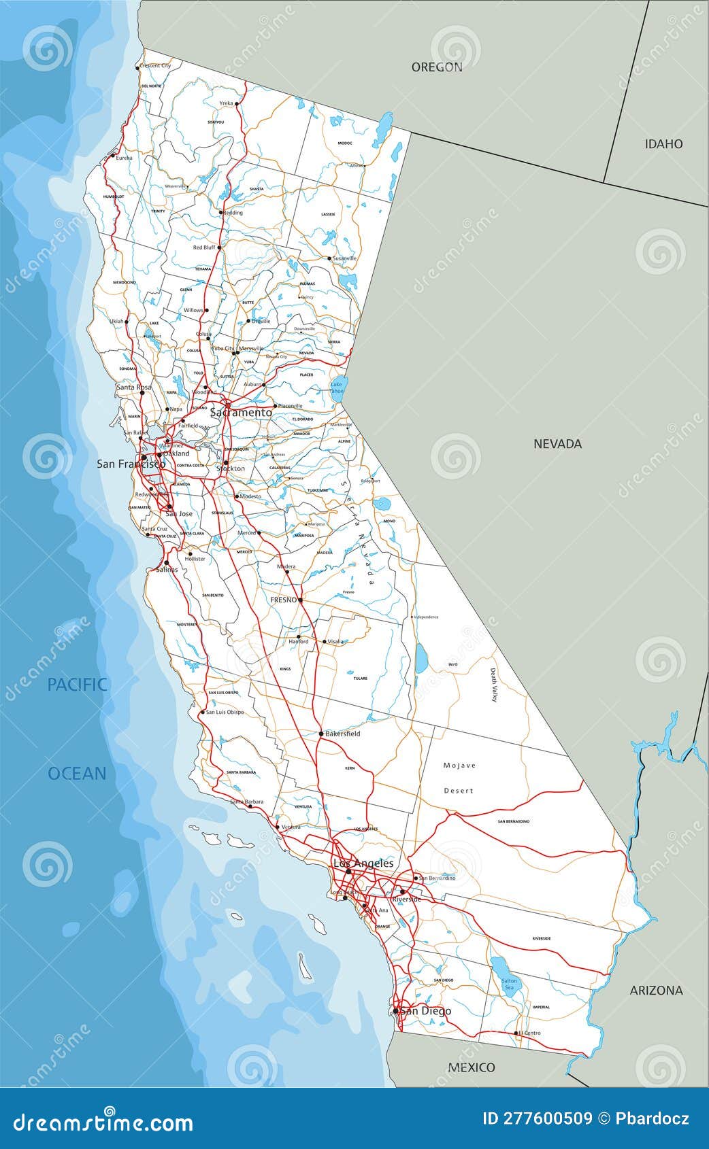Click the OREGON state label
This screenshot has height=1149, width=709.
tap(436, 67)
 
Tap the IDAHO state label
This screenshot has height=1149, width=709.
tap(663, 143)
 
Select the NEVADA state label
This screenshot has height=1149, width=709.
tap(557, 443)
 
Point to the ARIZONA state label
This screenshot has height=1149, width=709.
tap(656, 990)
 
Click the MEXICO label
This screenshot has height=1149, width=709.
tap(472, 1067)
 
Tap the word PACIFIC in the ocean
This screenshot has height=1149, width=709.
tap(78, 684)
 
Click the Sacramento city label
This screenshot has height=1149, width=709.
tap(241, 412)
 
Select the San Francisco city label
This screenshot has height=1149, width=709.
tap(131, 464)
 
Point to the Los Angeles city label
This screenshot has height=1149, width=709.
tap(363, 863)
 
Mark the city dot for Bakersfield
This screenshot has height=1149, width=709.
tap(321, 734)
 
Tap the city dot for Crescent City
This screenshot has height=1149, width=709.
tap(137, 67)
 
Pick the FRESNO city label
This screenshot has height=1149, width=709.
tap(284, 600)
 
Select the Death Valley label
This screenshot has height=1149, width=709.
tap(495, 685)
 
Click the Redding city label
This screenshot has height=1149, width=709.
tap(233, 212)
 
